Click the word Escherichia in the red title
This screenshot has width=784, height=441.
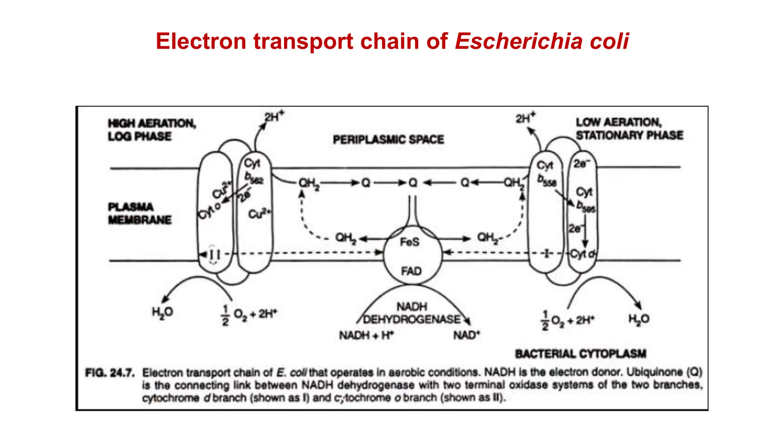[x=519, y=41]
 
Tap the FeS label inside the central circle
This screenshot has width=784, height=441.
[x=410, y=242]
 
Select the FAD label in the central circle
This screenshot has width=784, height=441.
[x=411, y=271]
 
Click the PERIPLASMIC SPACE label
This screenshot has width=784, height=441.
[x=388, y=139]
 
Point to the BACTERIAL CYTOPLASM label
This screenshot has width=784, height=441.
[x=580, y=353]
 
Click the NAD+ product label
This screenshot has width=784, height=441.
[x=466, y=335]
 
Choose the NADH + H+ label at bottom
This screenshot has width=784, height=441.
[x=366, y=335]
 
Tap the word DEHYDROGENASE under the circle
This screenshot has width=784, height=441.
[x=412, y=319]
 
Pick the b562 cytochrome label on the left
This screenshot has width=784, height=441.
[x=254, y=178]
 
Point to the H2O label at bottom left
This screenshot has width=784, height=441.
[x=162, y=312]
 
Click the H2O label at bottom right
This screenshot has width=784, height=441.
[x=639, y=319]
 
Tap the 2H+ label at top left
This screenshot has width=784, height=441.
[x=274, y=116]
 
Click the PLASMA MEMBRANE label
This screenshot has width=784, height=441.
[x=140, y=213]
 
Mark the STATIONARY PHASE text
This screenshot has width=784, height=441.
[x=629, y=135]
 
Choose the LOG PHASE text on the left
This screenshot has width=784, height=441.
[x=139, y=136]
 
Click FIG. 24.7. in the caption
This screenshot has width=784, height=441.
[x=110, y=372]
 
